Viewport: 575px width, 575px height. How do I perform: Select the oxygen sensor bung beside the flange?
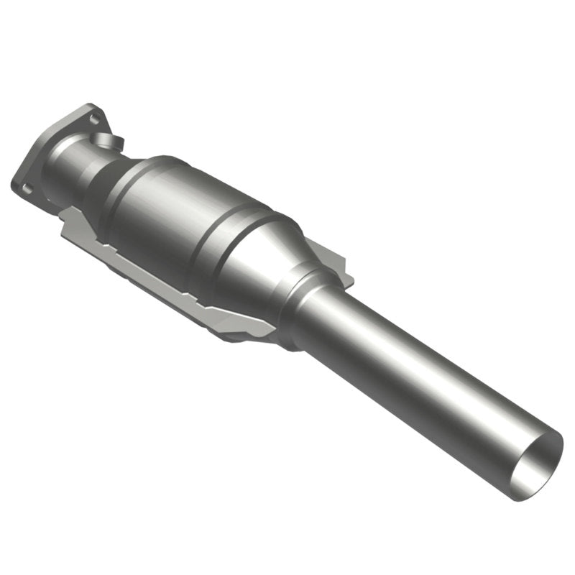coord(109,142)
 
